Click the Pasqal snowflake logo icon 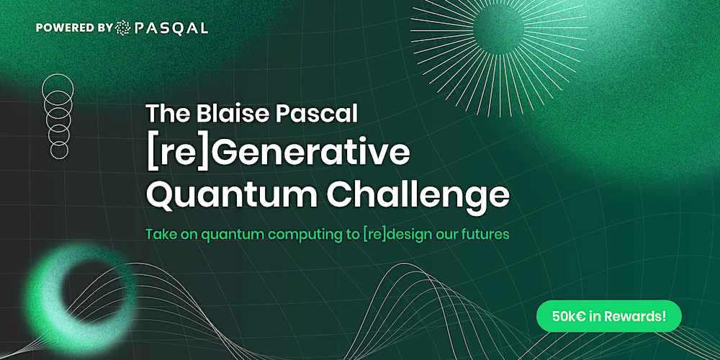point(123,28)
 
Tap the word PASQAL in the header point(171,29)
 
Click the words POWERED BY point(74,28)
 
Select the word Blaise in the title point(225,113)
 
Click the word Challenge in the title point(418,196)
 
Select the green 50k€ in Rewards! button point(609,316)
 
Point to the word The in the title point(168,113)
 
